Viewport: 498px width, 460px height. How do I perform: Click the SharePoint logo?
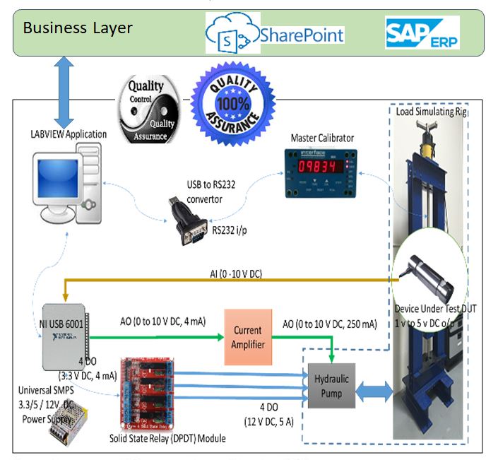(x=275, y=35)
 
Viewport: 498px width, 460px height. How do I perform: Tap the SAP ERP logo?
(x=422, y=33)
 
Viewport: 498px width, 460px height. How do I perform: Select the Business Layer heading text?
(x=78, y=28)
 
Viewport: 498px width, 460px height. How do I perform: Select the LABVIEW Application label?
(x=69, y=134)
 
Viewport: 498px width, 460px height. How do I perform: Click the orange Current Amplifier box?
(x=247, y=337)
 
